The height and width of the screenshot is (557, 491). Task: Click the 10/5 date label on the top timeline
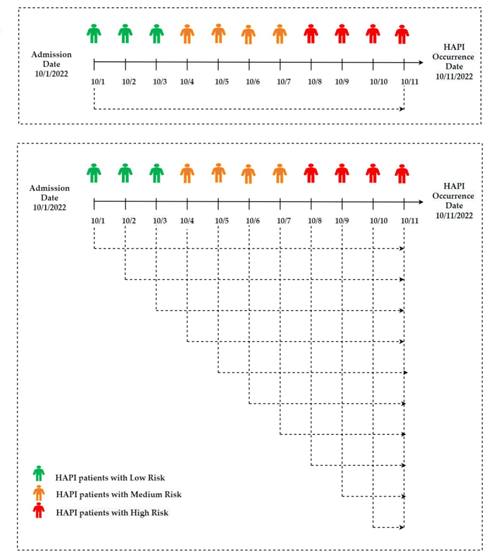tap(221, 82)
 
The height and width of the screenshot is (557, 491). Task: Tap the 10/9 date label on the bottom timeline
tap(341, 221)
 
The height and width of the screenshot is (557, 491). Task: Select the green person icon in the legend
tap(39, 474)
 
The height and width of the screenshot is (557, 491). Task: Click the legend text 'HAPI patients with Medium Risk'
tap(119, 494)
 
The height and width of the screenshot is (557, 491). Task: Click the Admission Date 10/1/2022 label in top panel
tap(51, 64)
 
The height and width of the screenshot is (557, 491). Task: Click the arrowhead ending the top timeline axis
tap(421, 63)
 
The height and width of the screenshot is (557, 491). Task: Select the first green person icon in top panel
tap(94, 34)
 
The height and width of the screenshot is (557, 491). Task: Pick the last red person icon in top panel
tap(402, 35)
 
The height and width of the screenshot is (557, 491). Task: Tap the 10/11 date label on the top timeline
tap(409, 82)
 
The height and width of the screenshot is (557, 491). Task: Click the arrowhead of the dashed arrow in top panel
tap(402, 109)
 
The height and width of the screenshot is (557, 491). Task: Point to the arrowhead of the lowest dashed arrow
tap(402, 527)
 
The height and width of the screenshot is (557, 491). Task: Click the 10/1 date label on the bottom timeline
tap(98, 221)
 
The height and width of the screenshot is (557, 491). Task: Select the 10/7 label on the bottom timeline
tap(283, 221)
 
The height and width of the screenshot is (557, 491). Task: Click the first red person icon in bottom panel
tap(311, 173)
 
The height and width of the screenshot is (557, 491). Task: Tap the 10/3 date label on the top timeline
tap(160, 82)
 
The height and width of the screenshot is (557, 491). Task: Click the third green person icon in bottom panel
tap(157, 173)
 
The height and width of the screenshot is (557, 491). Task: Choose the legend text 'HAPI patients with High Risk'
tap(112, 513)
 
